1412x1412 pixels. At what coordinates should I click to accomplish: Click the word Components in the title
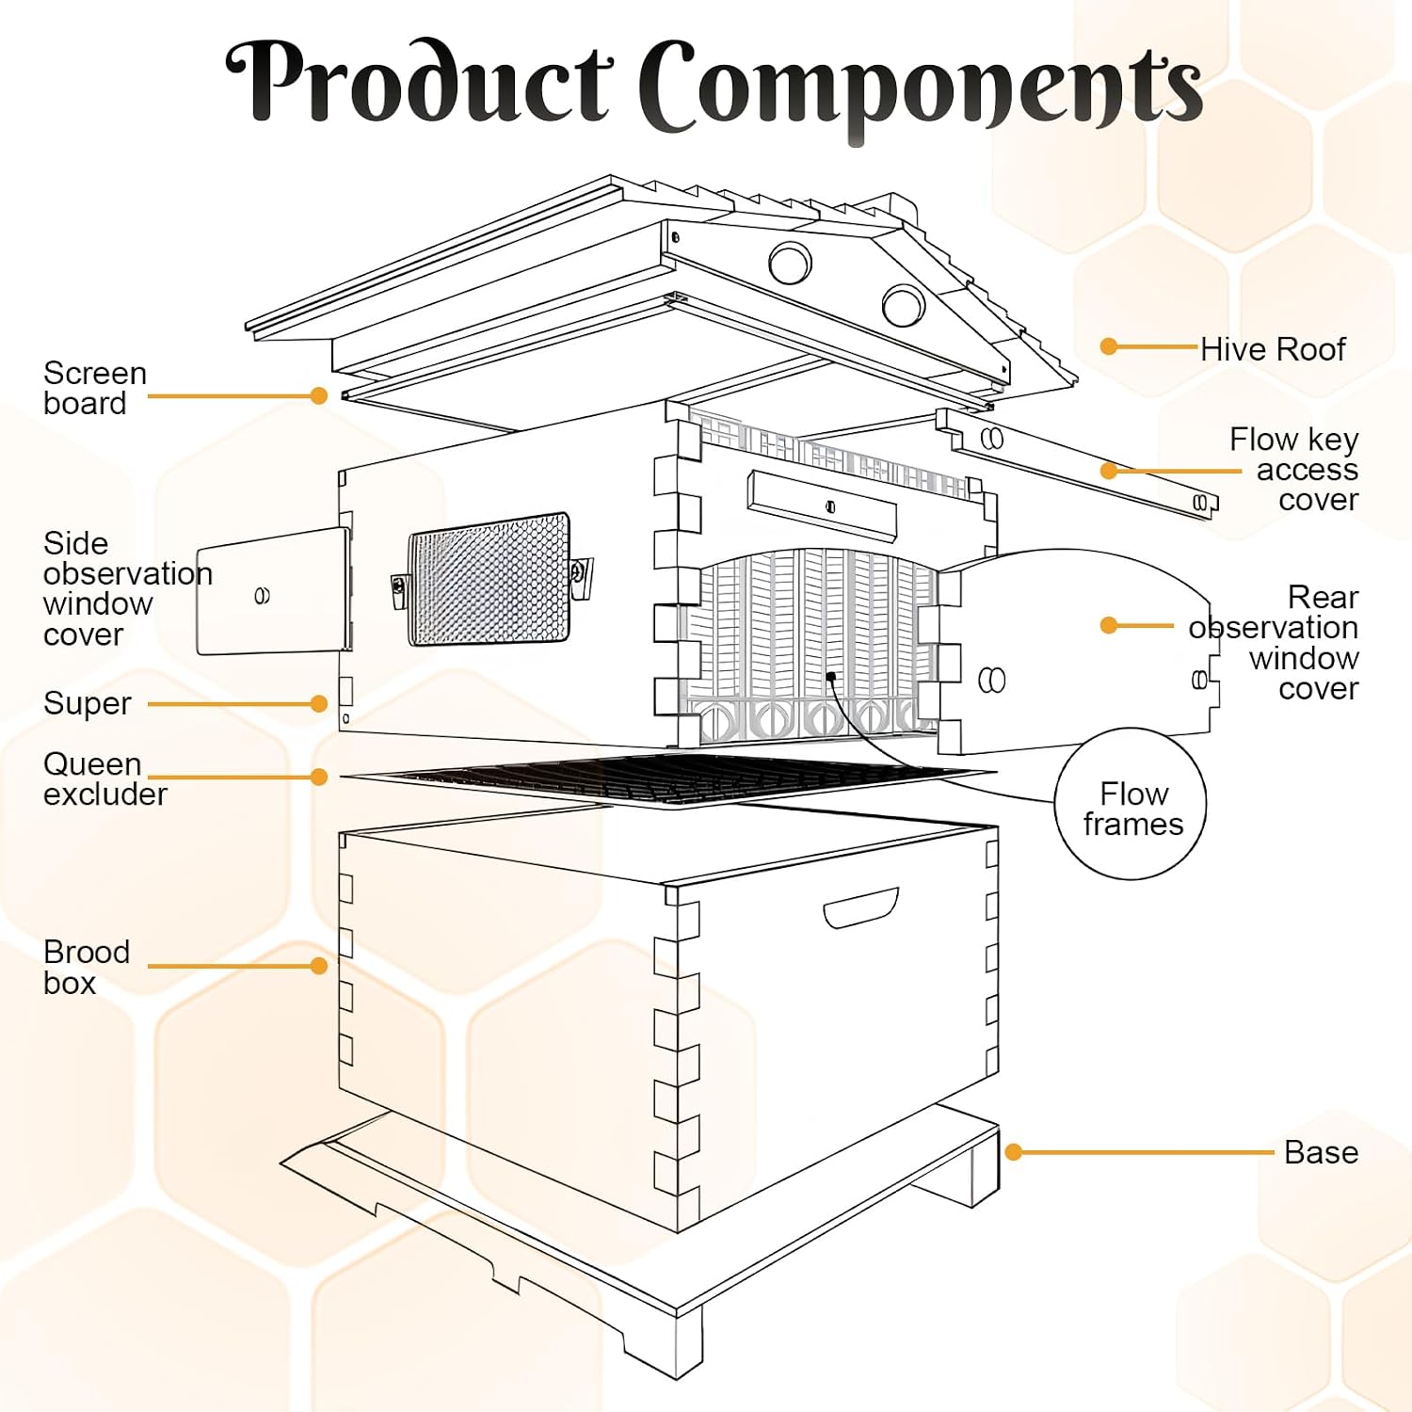(921, 89)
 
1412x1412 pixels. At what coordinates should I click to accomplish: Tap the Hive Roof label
(1273, 349)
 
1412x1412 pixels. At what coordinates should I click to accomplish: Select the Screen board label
(95, 388)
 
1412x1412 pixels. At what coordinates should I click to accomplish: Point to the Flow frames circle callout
(1131, 804)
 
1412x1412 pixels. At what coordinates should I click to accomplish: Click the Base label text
(1321, 1152)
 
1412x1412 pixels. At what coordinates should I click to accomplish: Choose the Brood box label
(87, 967)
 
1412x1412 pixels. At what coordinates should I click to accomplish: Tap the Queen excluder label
(105, 778)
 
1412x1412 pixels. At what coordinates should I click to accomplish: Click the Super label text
(88, 703)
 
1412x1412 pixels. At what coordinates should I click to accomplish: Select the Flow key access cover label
(1294, 469)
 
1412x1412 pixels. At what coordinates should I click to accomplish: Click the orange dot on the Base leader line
(1014, 1152)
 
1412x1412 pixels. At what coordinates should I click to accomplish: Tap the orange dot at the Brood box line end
(319, 966)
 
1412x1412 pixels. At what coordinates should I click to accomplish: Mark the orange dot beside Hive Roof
(1109, 346)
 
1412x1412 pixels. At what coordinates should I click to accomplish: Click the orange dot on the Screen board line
(319, 396)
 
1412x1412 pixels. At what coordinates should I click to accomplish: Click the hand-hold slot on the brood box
(861, 907)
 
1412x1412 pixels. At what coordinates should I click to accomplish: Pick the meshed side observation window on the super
(489, 579)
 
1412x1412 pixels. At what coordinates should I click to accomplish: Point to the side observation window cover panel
(273, 591)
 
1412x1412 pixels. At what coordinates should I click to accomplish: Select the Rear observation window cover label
(1274, 642)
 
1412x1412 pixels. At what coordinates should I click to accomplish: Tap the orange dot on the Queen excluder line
(319, 777)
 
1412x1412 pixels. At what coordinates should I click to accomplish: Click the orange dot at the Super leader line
(319, 703)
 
